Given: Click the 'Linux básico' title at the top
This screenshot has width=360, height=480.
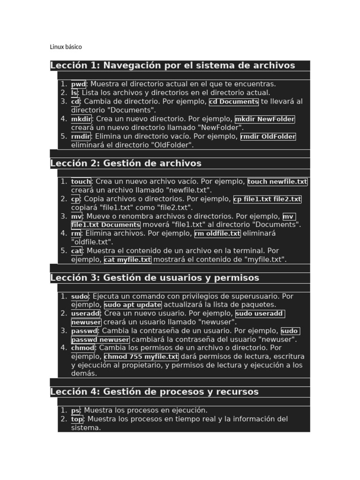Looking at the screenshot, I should pyautogui.click(x=66, y=47).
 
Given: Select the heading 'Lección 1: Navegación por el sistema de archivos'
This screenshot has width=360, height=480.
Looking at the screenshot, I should pyautogui.click(x=172, y=66).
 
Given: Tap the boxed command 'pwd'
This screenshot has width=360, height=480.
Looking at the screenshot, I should pyautogui.click(x=78, y=84).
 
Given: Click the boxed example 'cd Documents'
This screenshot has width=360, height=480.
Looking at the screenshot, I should pyautogui.click(x=233, y=102).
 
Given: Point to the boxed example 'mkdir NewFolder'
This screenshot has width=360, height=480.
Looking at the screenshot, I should pyautogui.click(x=265, y=119).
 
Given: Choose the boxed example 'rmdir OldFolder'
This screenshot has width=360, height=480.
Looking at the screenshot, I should pyautogui.click(x=268, y=136).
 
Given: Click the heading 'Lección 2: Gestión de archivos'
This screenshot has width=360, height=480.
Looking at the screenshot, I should pyautogui.click(x=126, y=164).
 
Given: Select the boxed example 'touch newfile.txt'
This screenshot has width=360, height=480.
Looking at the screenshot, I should pyautogui.click(x=277, y=182).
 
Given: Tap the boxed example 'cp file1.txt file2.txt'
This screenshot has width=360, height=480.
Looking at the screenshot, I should pyautogui.click(x=267, y=199).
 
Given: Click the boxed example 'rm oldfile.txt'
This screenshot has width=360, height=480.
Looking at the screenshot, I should pyautogui.click(x=217, y=233).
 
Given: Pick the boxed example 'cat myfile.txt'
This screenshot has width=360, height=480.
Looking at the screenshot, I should pyautogui.click(x=127, y=260).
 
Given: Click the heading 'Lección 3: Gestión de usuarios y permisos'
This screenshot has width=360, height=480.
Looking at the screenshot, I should pyautogui.click(x=155, y=278).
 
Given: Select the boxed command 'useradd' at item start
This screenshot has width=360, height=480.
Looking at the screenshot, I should pyautogui.click(x=85, y=314).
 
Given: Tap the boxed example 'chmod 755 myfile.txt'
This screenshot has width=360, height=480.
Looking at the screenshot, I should pyautogui.click(x=141, y=357).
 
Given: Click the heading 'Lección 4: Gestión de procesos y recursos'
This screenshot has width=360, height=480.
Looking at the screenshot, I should pyautogui.click(x=154, y=392).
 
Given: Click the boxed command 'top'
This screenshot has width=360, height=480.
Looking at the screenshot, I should pyautogui.click(x=77, y=419).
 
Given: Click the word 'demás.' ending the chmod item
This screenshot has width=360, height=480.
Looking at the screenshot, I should pyautogui.click(x=84, y=374).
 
